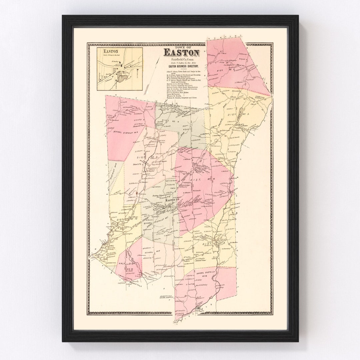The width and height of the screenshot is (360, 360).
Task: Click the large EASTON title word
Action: click(181, 53)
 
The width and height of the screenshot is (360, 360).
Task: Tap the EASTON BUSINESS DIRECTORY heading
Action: click(181, 67)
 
